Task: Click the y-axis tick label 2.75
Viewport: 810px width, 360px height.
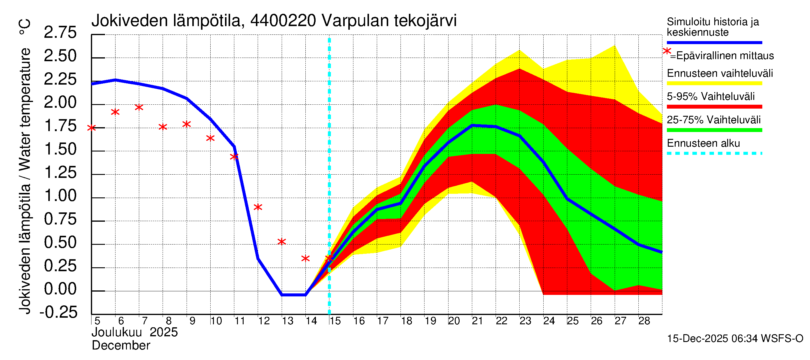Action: click(x=60, y=32)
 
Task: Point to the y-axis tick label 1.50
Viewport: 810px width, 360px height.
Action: click(x=60, y=149)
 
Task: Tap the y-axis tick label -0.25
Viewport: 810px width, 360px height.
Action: click(x=58, y=312)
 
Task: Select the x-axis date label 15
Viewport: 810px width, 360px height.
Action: click(x=335, y=321)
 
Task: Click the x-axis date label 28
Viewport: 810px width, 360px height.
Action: click(x=644, y=321)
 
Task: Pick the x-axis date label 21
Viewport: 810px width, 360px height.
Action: click(x=477, y=321)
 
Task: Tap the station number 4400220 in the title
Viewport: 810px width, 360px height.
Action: click(x=283, y=21)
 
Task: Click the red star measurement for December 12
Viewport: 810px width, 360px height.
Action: click(x=258, y=207)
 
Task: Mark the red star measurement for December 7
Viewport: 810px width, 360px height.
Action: click(x=139, y=107)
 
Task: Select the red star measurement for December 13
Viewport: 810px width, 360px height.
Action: click(x=282, y=242)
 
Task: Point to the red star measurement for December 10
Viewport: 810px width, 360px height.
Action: click(x=210, y=138)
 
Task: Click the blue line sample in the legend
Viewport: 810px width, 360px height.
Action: click(x=714, y=42)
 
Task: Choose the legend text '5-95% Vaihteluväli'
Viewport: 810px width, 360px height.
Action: click(x=710, y=97)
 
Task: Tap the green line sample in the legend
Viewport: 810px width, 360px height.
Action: click(x=714, y=130)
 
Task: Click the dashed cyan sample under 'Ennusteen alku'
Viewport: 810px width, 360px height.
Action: click(x=714, y=153)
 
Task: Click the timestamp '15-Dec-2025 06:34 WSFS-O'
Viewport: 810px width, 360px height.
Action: click(x=735, y=339)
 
